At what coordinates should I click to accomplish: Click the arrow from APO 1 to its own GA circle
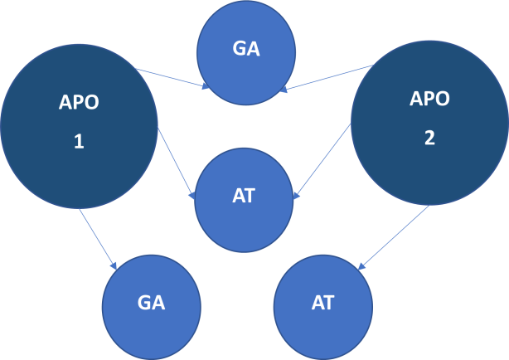tap(98, 238)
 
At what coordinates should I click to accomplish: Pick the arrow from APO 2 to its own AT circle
tap(393, 237)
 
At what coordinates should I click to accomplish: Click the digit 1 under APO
tap(79, 142)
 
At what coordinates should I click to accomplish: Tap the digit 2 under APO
tap(429, 138)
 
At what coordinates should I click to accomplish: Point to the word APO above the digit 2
tap(429, 99)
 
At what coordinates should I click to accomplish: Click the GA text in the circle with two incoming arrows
tap(246, 48)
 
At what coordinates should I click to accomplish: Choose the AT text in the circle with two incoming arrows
tap(244, 197)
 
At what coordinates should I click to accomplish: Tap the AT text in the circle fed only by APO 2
tap(322, 303)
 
